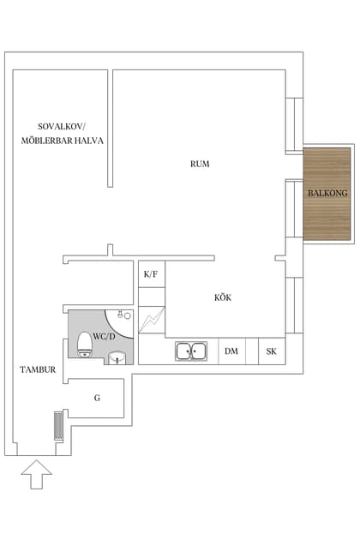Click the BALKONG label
coord(327,194)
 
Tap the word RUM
coord(200,164)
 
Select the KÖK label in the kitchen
coord(223,297)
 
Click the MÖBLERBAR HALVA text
coord(63,140)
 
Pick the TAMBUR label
coord(39,370)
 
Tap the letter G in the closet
coord(97,398)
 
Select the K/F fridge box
coord(151,274)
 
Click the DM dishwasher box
coord(231,351)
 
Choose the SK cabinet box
coord(272,351)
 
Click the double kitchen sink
coord(191,351)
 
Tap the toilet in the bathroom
coord(84,345)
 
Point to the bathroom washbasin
coord(117,357)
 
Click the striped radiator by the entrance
coord(58,426)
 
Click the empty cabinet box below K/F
coord(151,297)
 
